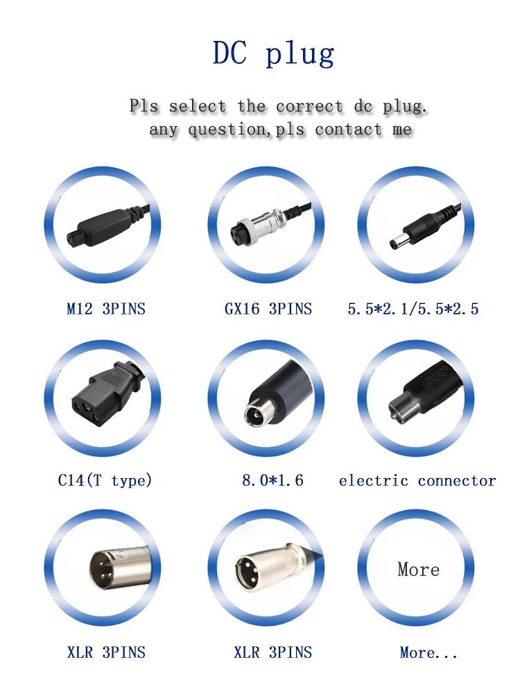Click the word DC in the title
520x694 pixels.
click(229, 53)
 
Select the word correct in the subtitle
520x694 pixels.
click(309, 107)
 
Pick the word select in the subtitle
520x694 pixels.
click(198, 107)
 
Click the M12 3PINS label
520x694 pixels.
click(106, 309)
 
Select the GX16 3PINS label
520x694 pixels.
click(268, 309)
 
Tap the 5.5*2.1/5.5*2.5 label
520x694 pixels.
click(413, 309)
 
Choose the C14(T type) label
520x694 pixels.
click(105, 480)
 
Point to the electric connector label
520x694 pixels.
click(417, 480)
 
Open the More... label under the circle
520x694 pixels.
click(428, 652)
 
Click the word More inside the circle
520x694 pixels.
click(418, 570)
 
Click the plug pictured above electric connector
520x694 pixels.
click(416, 396)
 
